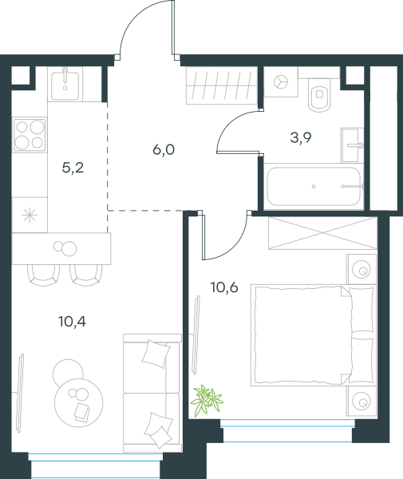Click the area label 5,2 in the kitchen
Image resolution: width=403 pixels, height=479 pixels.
point(73,168)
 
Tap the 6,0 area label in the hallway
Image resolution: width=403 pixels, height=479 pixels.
point(164,150)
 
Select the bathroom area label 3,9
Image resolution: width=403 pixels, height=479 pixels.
point(301,138)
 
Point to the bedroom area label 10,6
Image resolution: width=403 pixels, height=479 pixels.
point(224,287)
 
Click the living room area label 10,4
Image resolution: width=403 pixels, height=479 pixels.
point(72,322)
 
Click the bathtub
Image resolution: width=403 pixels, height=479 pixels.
point(314,186)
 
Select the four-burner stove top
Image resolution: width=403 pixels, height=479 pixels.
point(30,135)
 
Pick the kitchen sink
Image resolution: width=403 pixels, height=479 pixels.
point(65,84)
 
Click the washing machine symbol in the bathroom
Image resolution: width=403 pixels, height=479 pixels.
point(281,82)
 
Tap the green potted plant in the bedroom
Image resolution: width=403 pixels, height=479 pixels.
point(207,400)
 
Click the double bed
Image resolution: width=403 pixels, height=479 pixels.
point(313,335)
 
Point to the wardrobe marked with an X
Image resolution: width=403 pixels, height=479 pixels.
point(322,233)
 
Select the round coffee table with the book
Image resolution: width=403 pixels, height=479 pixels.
point(79,402)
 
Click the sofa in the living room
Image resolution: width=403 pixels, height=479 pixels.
point(152,393)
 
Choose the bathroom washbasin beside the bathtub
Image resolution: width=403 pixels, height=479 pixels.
point(352,145)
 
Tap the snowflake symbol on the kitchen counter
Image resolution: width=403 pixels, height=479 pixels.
point(30,216)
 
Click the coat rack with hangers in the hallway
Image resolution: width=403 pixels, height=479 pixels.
point(222,86)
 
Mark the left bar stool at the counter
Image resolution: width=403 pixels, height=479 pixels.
point(43,275)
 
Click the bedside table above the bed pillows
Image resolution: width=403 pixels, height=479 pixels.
point(362,270)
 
